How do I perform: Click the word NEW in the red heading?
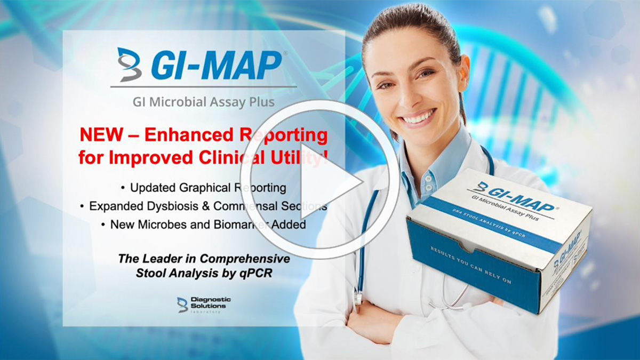tap(99, 135)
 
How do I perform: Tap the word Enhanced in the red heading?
tap(174, 135)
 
